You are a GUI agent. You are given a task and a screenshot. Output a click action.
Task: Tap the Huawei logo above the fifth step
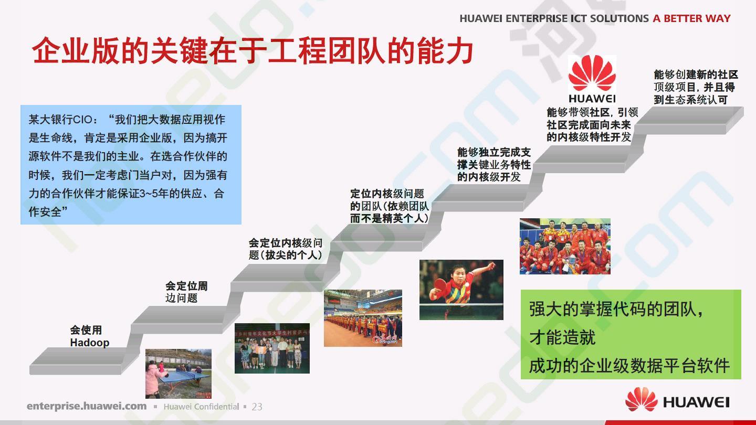coord(592,79)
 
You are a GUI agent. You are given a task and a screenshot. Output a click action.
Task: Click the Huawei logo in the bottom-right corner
coord(677,400)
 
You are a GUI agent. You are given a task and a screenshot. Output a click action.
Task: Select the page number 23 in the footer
coord(257,407)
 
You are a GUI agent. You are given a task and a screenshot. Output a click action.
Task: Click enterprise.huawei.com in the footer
coord(87,406)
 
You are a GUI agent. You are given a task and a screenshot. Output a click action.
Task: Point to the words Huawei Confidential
coord(201,407)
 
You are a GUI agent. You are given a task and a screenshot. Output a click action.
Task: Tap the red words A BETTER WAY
coord(691,18)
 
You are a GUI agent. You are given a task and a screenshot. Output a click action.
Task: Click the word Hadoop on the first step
coord(90,343)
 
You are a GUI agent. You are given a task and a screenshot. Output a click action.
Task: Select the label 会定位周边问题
coord(186,292)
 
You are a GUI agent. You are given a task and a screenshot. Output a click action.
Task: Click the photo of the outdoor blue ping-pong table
coord(178,374)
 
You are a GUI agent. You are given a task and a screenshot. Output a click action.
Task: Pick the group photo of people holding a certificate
coord(272,348)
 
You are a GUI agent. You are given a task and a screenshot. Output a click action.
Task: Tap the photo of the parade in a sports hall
coord(363,318)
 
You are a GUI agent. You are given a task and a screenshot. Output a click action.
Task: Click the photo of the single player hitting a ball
coord(461,290)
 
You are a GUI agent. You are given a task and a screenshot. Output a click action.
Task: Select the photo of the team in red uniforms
coord(565,246)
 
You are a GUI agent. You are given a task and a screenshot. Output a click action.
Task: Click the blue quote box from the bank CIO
coord(131,165)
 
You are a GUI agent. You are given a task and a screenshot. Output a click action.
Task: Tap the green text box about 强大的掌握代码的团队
coord(631,334)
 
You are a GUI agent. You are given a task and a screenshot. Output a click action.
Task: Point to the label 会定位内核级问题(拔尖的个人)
coord(286,249)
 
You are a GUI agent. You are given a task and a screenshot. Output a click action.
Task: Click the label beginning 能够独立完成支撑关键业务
coord(494,165)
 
